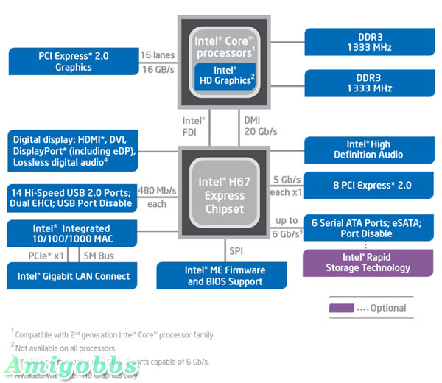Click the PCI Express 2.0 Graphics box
pos(74,61)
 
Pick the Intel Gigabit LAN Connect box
pos(74,276)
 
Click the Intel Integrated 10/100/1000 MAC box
pos(74,234)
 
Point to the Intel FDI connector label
pos(194,126)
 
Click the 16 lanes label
pos(158,55)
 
